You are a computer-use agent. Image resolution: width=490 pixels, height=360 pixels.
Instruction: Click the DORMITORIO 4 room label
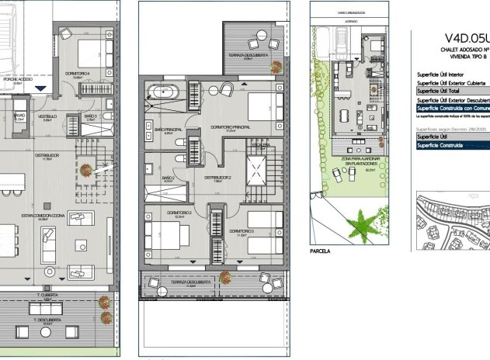coord(76,74)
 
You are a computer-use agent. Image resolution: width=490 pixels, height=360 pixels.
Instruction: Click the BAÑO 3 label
coord(90,116)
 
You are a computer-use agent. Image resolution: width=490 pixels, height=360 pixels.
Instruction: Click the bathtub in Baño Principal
coord(165,93)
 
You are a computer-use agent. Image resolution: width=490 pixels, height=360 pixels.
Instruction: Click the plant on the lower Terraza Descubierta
coord(224,276)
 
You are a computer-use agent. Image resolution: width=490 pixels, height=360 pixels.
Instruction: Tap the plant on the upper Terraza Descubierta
coord(276,67)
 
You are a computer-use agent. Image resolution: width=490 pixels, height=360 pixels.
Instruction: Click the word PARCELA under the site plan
coord(319,251)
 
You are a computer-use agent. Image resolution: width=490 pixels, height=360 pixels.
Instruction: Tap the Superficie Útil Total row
coord(451,91)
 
